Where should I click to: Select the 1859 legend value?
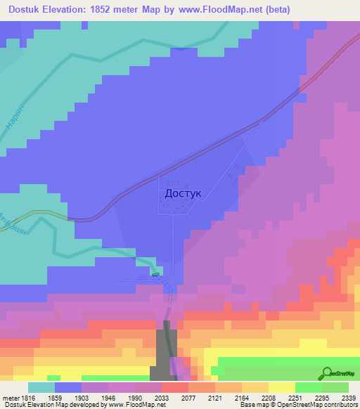click(x=68, y=397)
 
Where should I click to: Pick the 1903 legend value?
click(x=95, y=397)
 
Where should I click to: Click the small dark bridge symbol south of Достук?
click(x=155, y=275)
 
